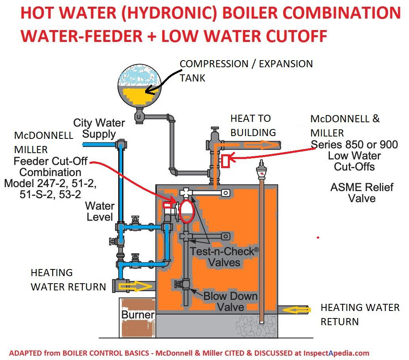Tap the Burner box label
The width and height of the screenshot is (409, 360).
(x=138, y=315)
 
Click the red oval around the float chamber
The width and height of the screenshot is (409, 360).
(x=186, y=211)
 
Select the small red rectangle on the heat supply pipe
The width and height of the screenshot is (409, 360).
(x=226, y=161)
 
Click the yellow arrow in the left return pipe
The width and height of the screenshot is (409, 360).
(x=136, y=286)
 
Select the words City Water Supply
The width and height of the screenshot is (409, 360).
(x=99, y=129)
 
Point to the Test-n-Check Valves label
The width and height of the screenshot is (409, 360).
(x=224, y=256)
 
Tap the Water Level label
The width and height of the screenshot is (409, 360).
(x=100, y=211)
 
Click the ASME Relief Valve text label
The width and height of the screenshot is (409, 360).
(x=362, y=192)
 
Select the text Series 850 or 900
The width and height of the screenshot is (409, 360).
(x=354, y=145)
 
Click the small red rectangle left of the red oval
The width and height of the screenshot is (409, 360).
(x=168, y=205)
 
